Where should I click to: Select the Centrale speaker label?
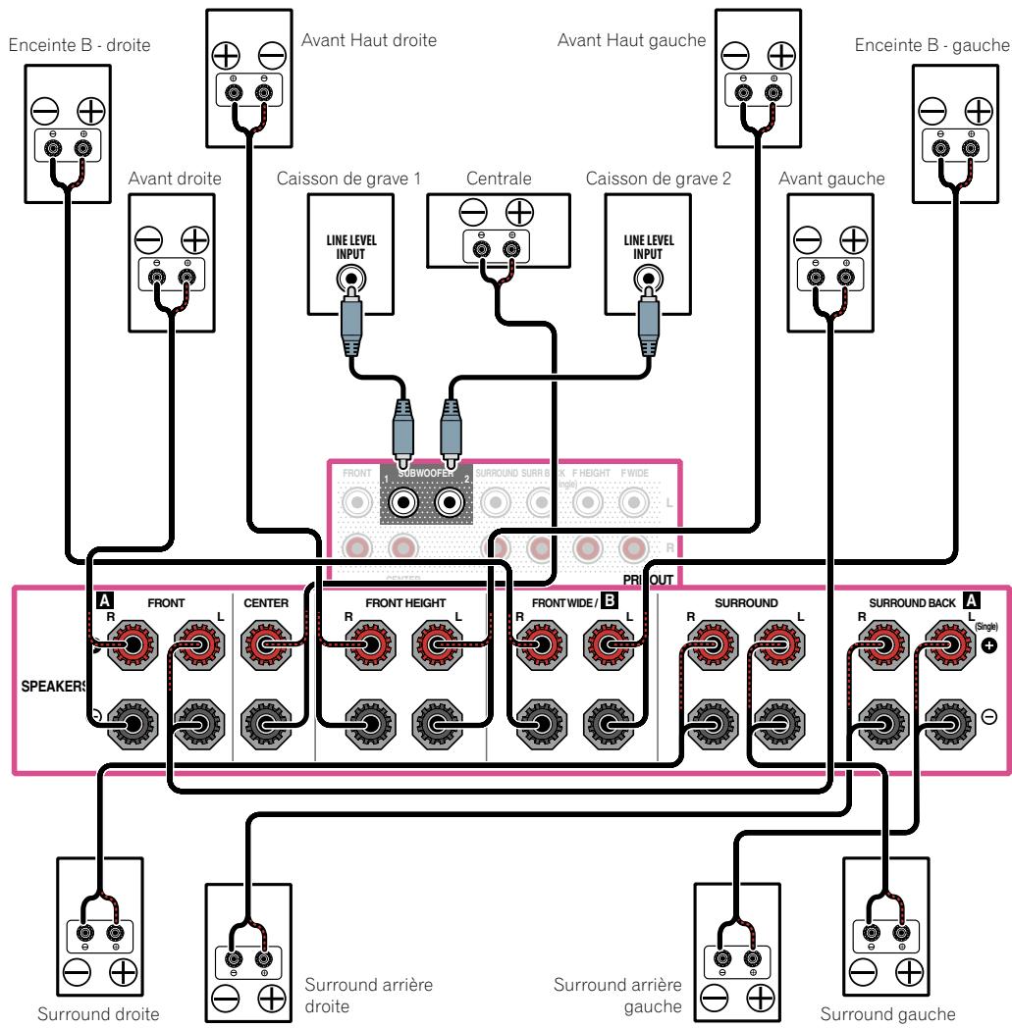499,180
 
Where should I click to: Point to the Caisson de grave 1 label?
349,180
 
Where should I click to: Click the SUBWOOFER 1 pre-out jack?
402,503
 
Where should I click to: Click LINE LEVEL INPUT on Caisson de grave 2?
647,247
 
